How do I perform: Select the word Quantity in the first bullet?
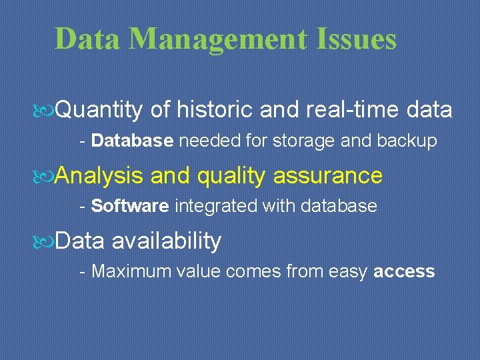pos(99,109)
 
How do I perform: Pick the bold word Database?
pos(133,141)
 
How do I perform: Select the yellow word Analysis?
pos(99,175)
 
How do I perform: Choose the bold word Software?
pos(130,206)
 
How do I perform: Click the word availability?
pos(167,241)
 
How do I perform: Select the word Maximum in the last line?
pos(123,271)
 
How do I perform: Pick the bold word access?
pos(405,271)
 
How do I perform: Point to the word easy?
pos(347,271)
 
